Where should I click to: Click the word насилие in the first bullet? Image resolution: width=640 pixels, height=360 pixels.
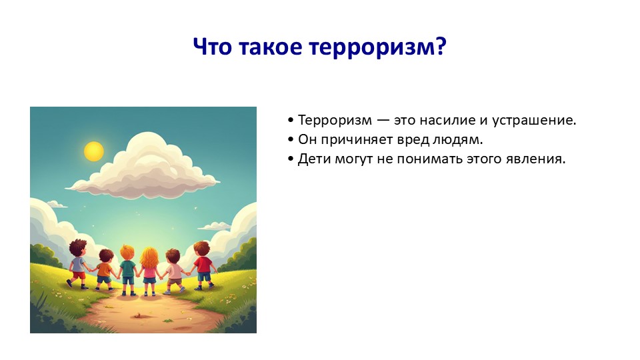(447, 121)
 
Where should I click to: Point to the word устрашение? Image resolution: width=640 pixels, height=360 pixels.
(534, 121)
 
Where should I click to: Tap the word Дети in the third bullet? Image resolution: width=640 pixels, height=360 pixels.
(314, 159)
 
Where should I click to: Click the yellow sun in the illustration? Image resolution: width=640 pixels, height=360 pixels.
(94, 151)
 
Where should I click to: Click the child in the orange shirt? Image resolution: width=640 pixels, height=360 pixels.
(105, 270)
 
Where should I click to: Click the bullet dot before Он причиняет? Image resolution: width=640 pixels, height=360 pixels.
(291, 139)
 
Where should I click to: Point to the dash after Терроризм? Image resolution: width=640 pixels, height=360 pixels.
(383, 121)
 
